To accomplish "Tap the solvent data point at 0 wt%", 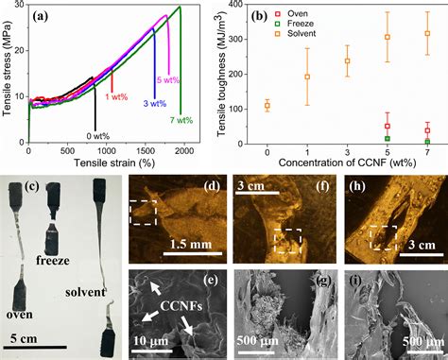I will (267, 106).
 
